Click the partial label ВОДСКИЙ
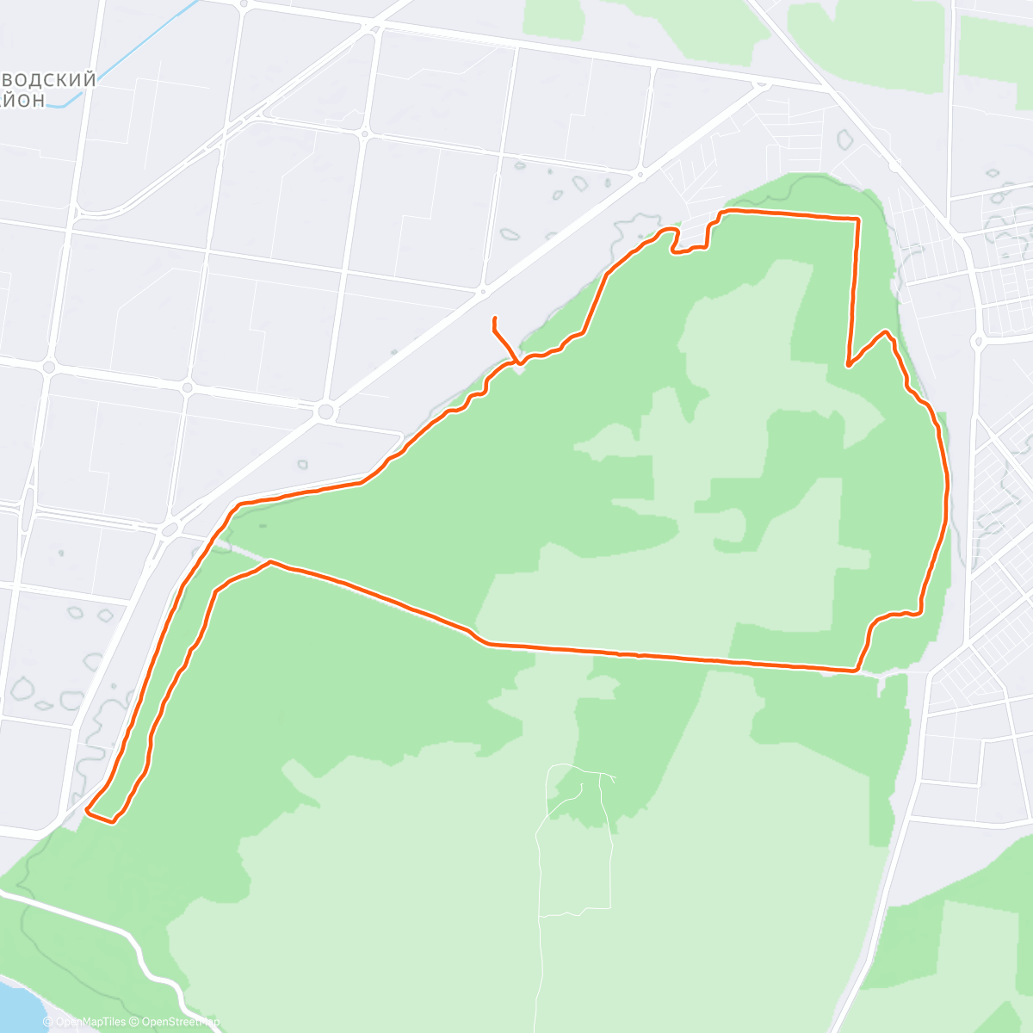47,80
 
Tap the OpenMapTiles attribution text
90,1022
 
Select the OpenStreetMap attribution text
176,1022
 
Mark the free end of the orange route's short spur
494,319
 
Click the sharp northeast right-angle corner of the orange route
857,220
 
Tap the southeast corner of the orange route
856,669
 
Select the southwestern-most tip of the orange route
89,809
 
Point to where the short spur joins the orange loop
517,362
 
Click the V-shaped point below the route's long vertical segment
849,366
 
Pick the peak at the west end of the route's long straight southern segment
270,562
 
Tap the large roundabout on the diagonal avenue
325,412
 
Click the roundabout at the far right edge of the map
978,342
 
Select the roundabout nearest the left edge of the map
49,368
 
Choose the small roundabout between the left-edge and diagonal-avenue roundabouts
188,387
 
